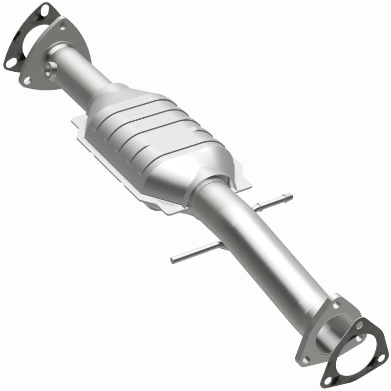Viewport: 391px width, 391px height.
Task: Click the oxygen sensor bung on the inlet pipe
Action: pos(49,69)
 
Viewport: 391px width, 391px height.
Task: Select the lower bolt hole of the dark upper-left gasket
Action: pos(9,62)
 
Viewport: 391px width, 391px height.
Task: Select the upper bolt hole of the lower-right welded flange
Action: pos(336,304)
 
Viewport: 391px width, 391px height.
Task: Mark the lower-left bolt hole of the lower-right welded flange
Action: pos(305,359)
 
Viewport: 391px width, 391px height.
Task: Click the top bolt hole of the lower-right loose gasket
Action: pos(361,324)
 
